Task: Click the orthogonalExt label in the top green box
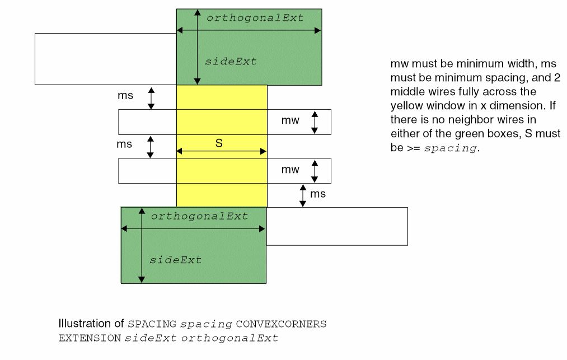[255, 18]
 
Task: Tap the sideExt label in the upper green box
[231, 62]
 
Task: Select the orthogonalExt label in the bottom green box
[199, 216]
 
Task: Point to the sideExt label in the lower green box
[175, 260]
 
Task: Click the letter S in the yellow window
[219, 143]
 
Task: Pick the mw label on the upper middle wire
[290, 120]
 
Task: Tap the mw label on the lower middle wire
[290, 169]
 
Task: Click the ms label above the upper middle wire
[125, 95]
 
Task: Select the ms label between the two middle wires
[124, 144]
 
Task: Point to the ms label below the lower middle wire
[318, 194]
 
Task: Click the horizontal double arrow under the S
[221, 151]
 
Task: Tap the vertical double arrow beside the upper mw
[315, 122]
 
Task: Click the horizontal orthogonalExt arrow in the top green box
[249, 30]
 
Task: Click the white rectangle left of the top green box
[105, 59]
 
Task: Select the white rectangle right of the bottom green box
[336, 226]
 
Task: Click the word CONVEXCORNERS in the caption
[281, 324]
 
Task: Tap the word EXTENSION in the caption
[90, 338]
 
